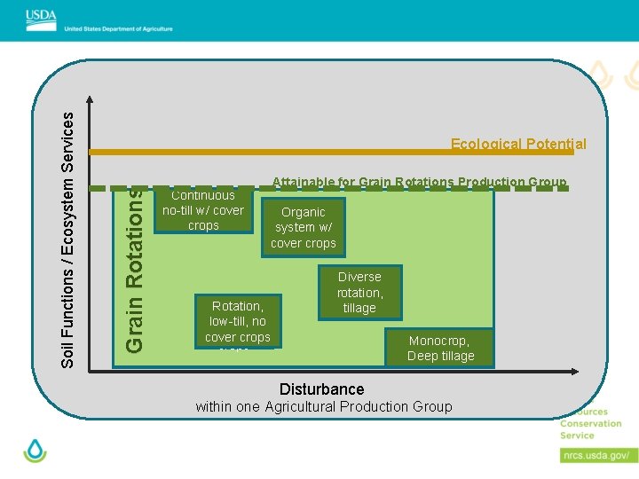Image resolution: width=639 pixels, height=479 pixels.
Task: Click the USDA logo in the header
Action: pyautogui.click(x=41, y=17)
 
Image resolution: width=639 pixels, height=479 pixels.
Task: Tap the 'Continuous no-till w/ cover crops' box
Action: pyautogui.click(x=203, y=210)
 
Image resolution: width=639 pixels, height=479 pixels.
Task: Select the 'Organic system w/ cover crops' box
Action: pyautogui.click(x=304, y=227)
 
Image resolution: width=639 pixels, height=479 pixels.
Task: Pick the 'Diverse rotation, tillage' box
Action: pyautogui.click(x=359, y=292)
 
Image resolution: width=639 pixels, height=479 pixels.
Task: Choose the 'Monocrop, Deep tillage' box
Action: pyautogui.click(x=440, y=348)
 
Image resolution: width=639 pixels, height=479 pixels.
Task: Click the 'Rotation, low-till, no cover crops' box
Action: pyautogui.click(x=237, y=320)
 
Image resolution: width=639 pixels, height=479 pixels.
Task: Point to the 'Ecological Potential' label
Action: pyautogui.click(x=518, y=144)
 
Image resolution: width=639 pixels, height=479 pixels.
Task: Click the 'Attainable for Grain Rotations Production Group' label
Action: pyautogui.click(x=419, y=182)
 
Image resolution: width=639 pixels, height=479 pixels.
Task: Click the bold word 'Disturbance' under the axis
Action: pyautogui.click(x=321, y=389)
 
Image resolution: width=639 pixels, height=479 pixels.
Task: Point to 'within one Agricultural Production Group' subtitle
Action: pyautogui.click(x=323, y=407)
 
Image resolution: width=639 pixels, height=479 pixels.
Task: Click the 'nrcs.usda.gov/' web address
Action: pyautogui.click(x=599, y=455)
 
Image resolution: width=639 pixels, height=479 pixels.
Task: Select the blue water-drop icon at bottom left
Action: pyautogui.click(x=35, y=451)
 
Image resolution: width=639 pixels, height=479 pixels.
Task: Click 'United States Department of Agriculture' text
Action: pyautogui.click(x=119, y=28)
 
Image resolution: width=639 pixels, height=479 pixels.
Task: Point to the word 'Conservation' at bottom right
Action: pyautogui.click(x=591, y=424)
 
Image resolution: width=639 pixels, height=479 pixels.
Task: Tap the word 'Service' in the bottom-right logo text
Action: pyautogui.click(x=577, y=436)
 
